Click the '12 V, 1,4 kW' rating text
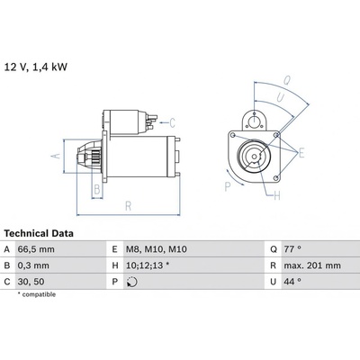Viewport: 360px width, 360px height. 36,67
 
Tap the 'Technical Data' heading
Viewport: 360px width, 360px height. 39,233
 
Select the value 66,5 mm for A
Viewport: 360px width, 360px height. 36,249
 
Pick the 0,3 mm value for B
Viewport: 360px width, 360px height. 33,265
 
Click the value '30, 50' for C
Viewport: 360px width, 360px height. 31,282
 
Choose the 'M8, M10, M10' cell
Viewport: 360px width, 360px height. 156,249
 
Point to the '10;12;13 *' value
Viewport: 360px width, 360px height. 148,265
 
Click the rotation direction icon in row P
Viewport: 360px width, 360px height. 132,282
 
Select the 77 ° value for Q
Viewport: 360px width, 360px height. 292,249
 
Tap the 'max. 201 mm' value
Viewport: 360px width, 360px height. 312,265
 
